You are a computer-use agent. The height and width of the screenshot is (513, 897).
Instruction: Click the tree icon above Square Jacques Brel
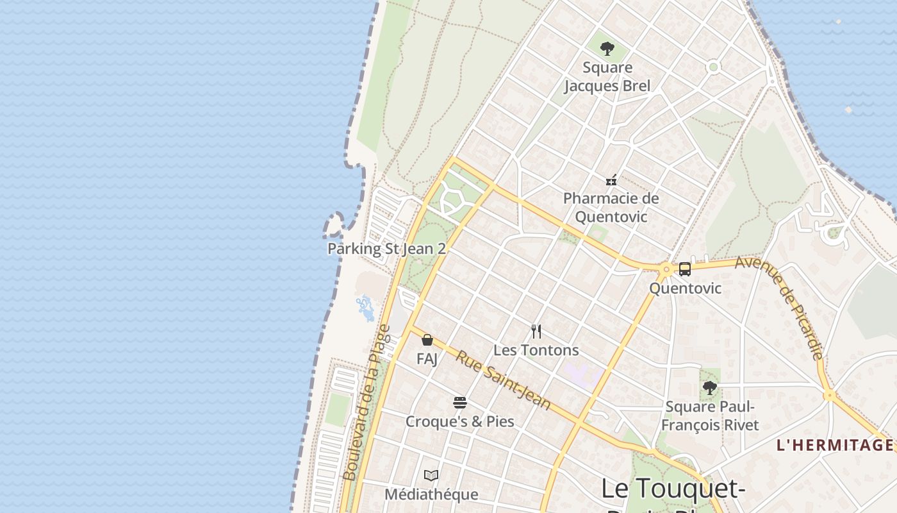click(607, 48)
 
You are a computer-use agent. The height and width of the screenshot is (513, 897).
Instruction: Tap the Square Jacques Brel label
click(607, 77)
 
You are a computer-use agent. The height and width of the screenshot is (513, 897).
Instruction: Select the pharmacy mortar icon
click(611, 180)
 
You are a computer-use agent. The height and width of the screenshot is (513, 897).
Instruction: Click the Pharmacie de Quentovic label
click(611, 207)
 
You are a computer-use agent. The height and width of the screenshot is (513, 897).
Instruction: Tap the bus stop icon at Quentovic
click(684, 269)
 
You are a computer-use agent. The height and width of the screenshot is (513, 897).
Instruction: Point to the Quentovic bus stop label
click(685, 289)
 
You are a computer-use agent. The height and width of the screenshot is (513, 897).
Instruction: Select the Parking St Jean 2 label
click(386, 249)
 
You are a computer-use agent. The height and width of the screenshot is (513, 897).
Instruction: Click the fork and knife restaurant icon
click(536, 332)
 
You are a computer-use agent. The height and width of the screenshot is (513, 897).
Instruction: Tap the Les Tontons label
click(536, 350)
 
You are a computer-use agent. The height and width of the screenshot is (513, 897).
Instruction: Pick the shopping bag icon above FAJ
click(427, 340)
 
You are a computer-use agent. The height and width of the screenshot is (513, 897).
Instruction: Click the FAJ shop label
click(427, 358)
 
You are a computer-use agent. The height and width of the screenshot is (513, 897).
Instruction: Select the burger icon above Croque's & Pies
click(460, 403)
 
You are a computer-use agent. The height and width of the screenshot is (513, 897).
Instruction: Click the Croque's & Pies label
click(460, 422)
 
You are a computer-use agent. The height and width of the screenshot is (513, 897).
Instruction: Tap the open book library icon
click(431, 475)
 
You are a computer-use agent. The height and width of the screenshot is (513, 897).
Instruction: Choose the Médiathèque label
click(431, 494)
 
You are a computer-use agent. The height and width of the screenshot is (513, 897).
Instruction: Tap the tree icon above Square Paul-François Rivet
click(709, 387)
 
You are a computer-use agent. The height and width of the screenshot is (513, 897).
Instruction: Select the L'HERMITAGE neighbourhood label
click(835, 445)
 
